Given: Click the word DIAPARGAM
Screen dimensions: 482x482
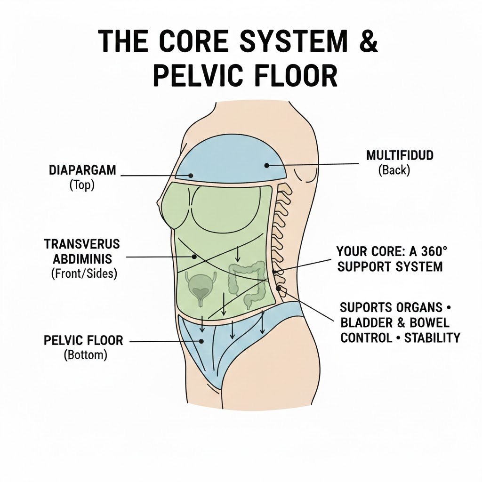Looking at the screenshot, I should coord(82,170).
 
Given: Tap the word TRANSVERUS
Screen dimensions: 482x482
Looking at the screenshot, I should coord(82,244).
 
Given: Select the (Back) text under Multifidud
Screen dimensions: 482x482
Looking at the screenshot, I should coord(394,170).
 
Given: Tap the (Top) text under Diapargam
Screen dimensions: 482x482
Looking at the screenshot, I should coord(82,185).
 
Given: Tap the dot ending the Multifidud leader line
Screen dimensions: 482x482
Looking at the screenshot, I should coord(267,165).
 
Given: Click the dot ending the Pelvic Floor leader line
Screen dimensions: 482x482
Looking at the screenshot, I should coord(201,340).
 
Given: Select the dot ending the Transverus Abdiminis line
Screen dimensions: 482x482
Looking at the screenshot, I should coord(193,257).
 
